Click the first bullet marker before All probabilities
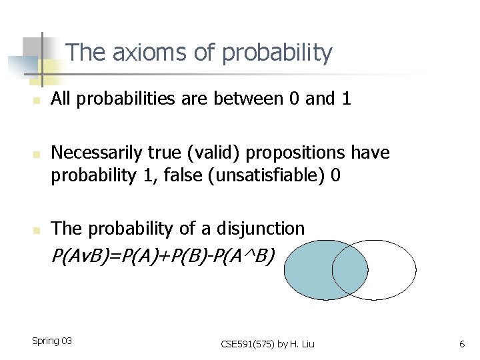[39, 101]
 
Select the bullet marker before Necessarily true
[39, 154]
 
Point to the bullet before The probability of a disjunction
[39, 230]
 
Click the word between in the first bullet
[250, 99]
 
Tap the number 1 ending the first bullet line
[345, 99]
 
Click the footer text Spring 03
[52, 341]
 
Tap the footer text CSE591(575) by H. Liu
[267, 344]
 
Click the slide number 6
[461, 344]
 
